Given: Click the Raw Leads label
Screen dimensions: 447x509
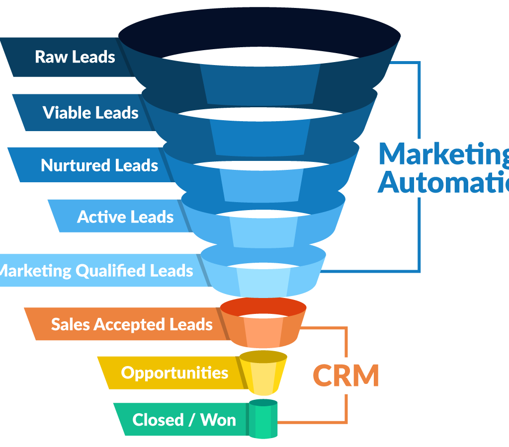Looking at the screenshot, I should (75, 57).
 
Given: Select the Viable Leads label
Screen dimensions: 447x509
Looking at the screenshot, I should (90, 113).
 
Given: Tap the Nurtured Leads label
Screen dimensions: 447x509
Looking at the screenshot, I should (99, 165).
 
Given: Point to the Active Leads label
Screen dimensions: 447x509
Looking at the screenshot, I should (125, 217).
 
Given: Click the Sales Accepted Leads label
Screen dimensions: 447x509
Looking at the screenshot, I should (132, 324).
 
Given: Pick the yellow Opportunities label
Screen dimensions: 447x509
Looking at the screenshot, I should (174, 372).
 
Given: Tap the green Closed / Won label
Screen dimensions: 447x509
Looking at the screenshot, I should (184, 420).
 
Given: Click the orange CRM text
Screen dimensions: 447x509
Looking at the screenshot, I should (345, 375).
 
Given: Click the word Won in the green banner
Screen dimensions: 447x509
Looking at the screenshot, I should (218, 420).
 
